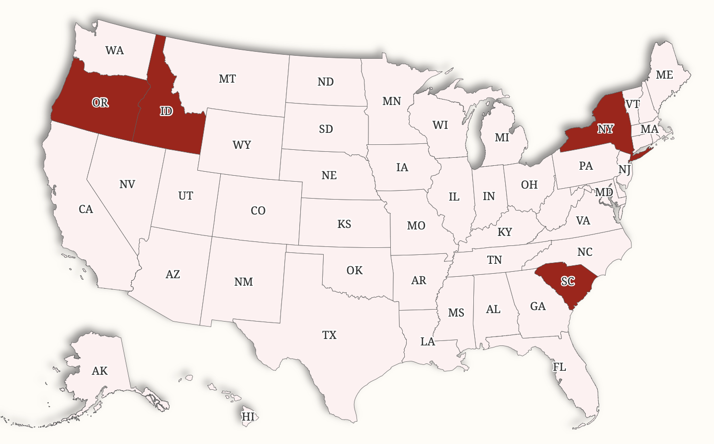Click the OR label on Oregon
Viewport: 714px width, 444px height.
pos(100,103)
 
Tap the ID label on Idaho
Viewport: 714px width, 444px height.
pos(166,111)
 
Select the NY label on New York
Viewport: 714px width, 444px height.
pos(605,129)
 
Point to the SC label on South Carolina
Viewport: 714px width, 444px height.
pos(568,282)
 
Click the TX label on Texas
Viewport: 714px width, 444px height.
pos(329,335)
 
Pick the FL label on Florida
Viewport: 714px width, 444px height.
pos(559,367)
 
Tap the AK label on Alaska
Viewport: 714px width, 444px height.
pos(99,371)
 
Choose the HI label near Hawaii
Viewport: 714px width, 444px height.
pos(248,417)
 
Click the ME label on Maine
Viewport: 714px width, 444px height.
pos(664,75)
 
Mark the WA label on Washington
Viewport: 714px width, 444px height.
pos(114,50)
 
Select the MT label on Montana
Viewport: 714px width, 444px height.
pos(227,79)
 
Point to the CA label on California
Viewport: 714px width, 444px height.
pos(86,209)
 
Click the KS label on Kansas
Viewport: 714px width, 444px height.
pos(344,224)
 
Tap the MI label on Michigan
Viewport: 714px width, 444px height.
pos(502,137)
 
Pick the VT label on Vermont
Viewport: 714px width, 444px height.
pos(632,104)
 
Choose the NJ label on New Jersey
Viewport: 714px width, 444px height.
pos(625,169)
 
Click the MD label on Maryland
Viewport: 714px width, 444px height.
pos(604,192)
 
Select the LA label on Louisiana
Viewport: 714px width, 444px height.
pos(428,341)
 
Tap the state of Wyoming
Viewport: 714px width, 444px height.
pos(242,144)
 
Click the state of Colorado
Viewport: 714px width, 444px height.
pos(258,211)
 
